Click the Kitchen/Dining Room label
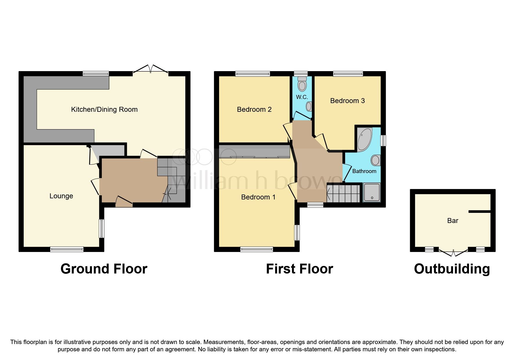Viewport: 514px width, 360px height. point(104,109)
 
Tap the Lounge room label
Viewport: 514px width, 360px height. point(61,196)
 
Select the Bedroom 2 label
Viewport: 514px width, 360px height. point(254,109)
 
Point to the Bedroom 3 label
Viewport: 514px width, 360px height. point(347,101)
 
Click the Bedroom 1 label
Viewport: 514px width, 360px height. point(258,197)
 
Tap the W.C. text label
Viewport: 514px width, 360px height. point(302,97)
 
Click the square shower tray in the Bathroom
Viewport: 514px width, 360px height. point(371,192)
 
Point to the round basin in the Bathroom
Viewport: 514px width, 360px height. point(376,160)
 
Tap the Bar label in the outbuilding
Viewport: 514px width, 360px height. point(452,221)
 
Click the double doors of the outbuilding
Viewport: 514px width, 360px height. point(453,253)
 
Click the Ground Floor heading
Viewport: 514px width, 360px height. point(104,269)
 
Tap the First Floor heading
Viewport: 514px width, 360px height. point(299,269)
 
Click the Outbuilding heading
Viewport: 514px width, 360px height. point(452,269)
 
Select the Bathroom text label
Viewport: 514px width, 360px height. point(364,171)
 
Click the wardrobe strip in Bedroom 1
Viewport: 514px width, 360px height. point(254,152)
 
